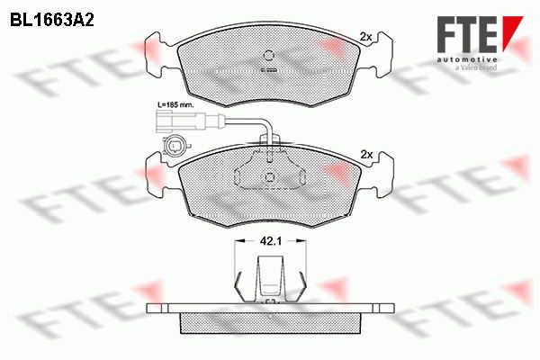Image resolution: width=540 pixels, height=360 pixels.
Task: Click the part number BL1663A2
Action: [52, 21]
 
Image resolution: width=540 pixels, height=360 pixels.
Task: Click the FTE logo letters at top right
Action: [467, 34]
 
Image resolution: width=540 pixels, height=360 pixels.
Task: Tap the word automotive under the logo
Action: [467, 60]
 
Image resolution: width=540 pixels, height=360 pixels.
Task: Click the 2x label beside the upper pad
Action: [365, 37]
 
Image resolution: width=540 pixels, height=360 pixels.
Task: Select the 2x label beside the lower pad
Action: [366, 155]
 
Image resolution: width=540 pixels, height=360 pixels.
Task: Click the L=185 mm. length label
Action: [175, 104]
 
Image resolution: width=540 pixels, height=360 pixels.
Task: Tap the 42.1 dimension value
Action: [271, 241]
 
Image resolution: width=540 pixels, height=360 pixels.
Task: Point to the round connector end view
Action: [173, 147]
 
